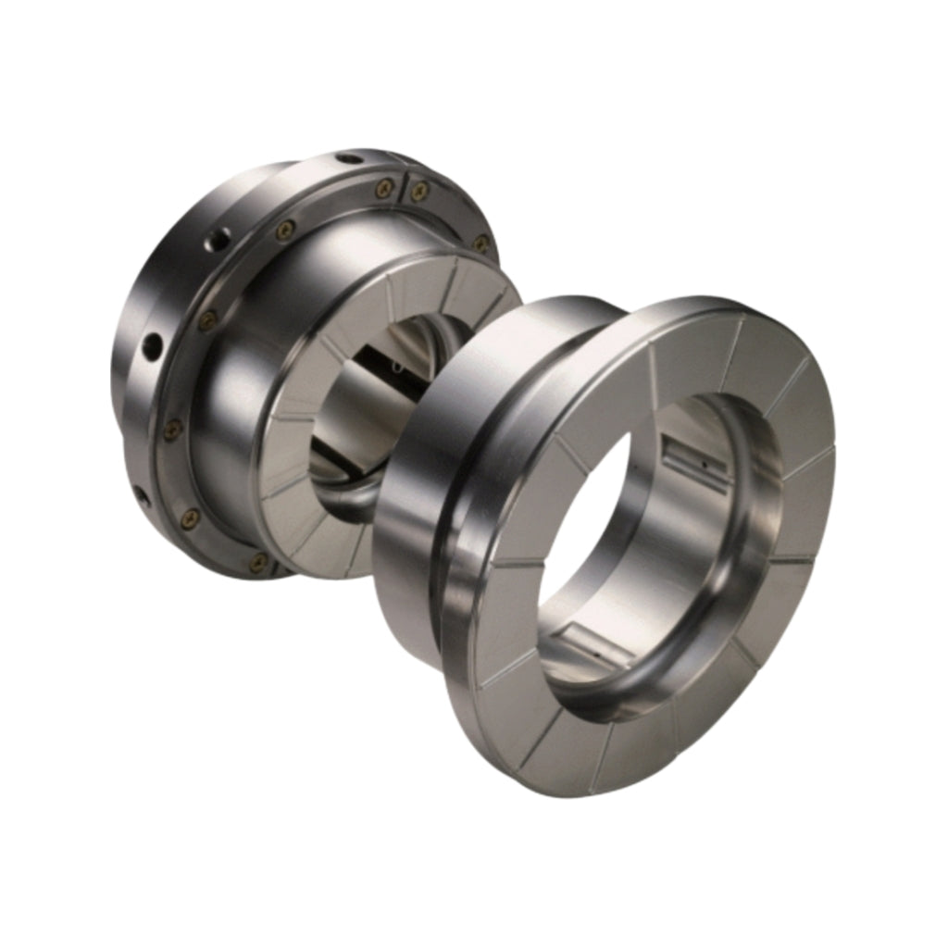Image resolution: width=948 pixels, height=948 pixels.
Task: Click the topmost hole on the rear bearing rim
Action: pos(349,158)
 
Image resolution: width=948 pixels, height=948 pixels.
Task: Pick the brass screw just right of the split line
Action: pos(419,191)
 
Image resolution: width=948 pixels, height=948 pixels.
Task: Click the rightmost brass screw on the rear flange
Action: pos(481,243)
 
